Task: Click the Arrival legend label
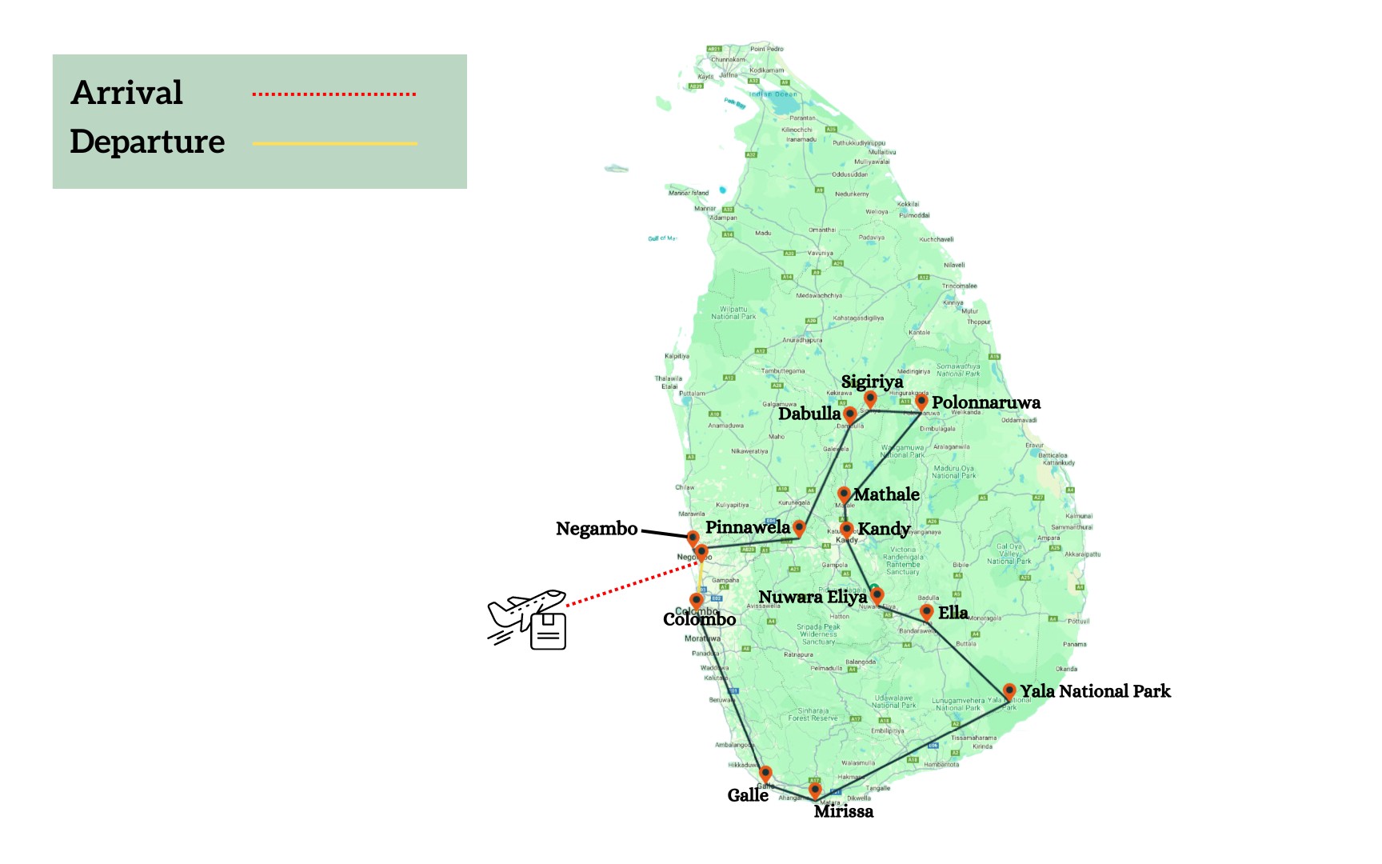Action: point(127,93)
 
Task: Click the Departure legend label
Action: point(147,142)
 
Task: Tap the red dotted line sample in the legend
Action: point(334,94)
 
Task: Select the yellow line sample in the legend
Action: point(334,144)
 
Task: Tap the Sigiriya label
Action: point(872,382)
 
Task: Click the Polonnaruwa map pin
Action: point(921,401)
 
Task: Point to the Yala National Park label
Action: point(1095,691)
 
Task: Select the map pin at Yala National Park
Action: point(1009,690)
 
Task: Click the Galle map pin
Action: point(765,773)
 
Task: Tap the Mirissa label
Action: point(844,811)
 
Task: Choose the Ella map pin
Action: point(926,612)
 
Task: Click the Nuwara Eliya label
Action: point(813,597)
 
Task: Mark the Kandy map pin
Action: point(847,529)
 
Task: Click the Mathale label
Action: point(886,494)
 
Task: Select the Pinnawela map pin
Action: point(799,526)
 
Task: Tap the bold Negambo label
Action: point(597,529)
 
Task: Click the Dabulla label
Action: point(809,414)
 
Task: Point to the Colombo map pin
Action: point(697,600)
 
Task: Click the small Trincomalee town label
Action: point(959,286)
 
